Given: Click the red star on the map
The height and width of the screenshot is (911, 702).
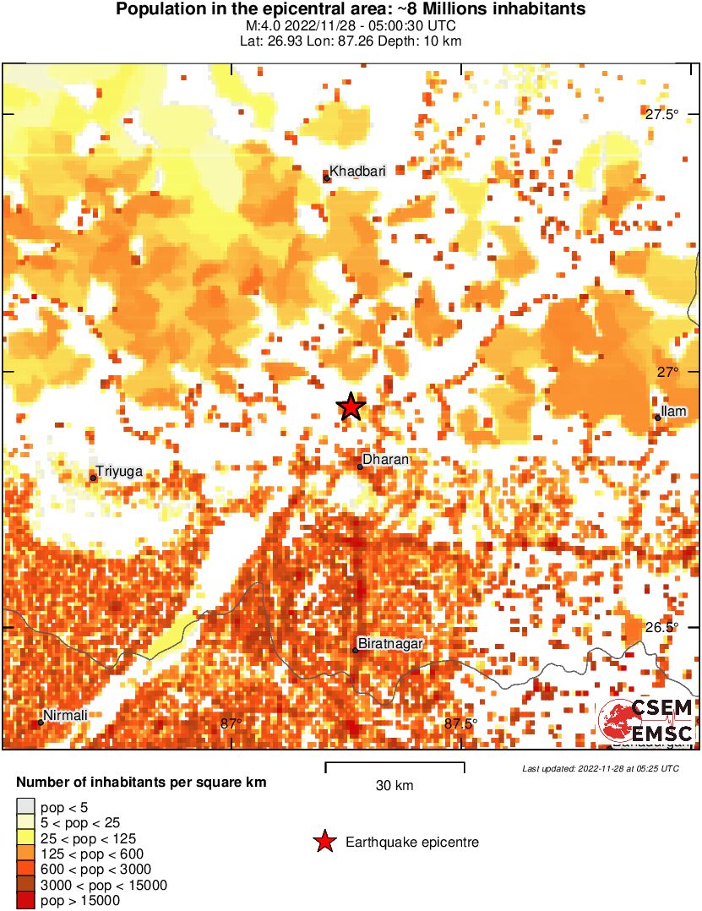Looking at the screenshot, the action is coord(351,406).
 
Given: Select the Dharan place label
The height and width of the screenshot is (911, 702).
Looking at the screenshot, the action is coord(385,460).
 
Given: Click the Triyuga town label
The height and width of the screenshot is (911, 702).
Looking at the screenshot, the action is coord(119,472).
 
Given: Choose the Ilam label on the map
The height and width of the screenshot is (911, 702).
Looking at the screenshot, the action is coord(674,412).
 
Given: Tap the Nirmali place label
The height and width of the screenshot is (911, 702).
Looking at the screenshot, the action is coord(65,716).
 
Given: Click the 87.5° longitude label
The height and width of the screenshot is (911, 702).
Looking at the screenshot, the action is coord(460,723).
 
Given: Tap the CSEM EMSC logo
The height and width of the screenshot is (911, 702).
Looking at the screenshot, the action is coord(646,721).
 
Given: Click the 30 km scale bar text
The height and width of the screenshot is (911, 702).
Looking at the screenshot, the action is coord(395,785).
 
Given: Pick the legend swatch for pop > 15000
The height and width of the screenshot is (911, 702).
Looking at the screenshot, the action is coord(26,901).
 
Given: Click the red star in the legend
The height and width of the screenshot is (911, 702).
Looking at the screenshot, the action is coord(324,842).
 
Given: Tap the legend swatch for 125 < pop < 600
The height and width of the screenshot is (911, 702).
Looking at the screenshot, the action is coord(26,854).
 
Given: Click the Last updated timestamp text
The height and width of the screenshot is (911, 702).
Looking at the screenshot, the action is coord(600,768).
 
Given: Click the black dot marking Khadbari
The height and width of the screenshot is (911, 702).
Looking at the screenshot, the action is coord(326,177).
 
